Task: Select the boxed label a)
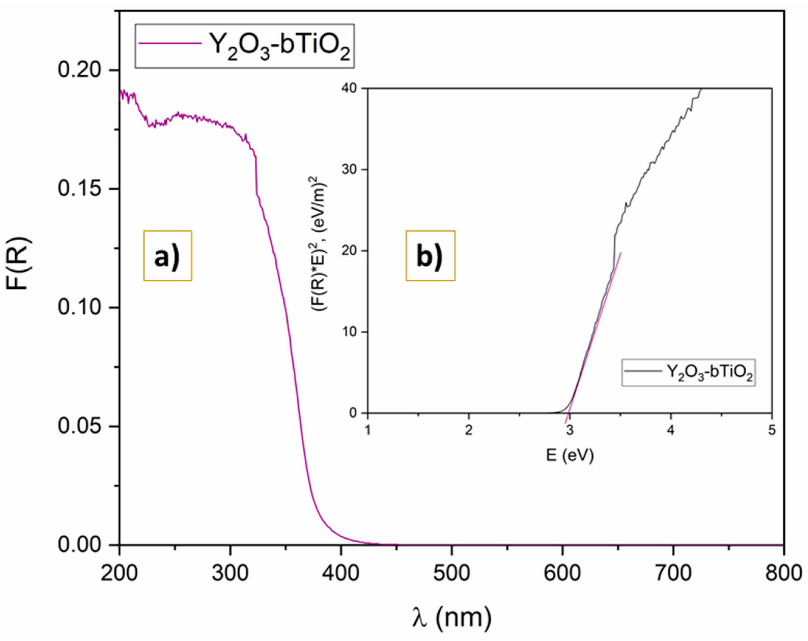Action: pos(167,256)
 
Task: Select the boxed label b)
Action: pos(430,256)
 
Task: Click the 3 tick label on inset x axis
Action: pos(570,431)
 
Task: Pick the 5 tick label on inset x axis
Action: pos(772,431)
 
